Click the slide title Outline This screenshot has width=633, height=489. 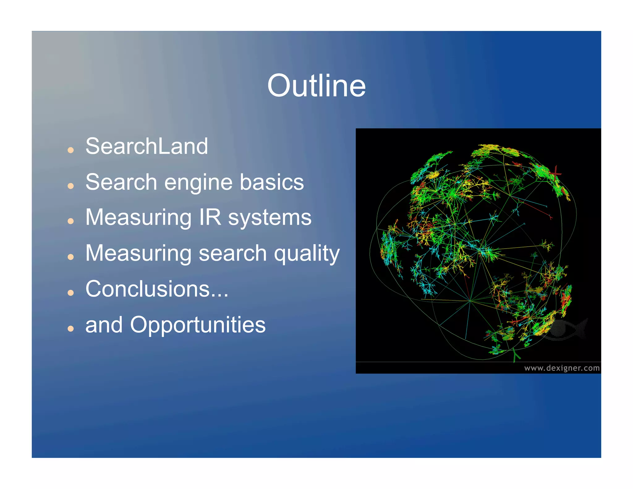[316, 86]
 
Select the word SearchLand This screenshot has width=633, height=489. [147, 146]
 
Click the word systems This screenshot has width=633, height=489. [270, 218]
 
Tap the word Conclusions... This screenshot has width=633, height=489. [148, 289]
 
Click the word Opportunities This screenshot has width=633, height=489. [198, 325]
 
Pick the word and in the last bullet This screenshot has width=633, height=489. [104, 325]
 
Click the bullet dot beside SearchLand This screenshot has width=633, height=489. [71, 150]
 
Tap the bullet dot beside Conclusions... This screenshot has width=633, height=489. [71, 293]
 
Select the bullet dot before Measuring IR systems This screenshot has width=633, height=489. [71, 221]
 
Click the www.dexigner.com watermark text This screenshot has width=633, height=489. [562, 368]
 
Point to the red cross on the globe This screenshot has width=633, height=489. [555, 174]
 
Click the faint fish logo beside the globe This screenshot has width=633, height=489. [566, 329]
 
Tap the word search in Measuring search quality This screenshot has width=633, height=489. [232, 253]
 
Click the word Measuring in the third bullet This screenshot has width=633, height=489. [138, 218]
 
